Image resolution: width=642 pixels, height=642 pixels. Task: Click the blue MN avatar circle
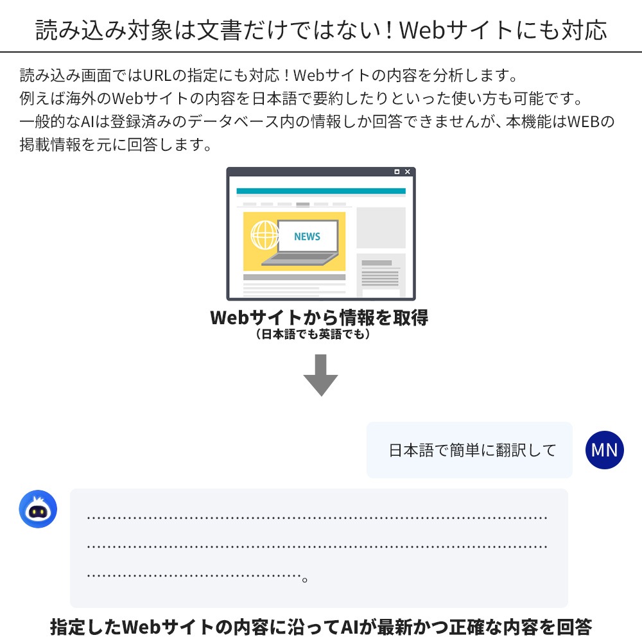(604, 449)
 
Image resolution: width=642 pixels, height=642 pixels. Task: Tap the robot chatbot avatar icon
(38, 509)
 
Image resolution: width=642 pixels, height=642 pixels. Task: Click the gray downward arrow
(320, 375)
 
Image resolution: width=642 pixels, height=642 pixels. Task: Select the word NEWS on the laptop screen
(307, 236)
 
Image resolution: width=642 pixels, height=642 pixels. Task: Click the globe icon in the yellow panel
(265, 235)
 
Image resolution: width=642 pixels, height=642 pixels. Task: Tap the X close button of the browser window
(408, 171)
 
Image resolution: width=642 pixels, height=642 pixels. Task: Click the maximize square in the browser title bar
(397, 171)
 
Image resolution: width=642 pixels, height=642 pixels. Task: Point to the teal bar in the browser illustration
(321, 191)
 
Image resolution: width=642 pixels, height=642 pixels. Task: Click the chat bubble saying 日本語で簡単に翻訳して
(469, 450)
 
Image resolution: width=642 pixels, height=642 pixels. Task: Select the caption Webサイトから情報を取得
(319, 317)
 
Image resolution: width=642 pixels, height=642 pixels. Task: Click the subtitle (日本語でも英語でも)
(313, 334)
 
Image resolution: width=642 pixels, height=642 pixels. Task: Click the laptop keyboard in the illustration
(300, 259)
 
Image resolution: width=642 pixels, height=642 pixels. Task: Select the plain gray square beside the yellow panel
(381, 228)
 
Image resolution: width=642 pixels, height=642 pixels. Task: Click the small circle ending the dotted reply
(304, 579)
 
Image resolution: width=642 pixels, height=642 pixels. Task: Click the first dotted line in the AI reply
(317, 518)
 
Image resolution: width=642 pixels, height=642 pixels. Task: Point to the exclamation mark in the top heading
(390, 30)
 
